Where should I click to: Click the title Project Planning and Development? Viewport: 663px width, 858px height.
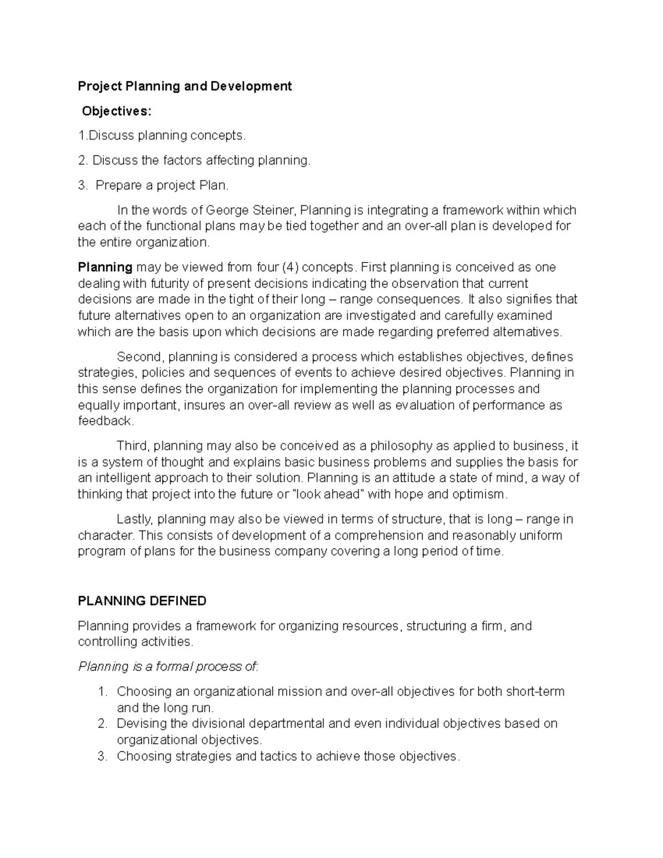point(185,86)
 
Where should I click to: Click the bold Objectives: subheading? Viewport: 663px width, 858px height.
point(116,111)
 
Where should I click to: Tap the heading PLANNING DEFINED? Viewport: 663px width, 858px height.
point(142,601)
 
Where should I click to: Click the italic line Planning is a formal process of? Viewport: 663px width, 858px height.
point(168,666)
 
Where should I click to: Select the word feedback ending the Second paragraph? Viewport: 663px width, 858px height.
point(105,421)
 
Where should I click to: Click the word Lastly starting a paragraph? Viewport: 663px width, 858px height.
point(136,519)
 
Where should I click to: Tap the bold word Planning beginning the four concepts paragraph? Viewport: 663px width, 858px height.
point(105,267)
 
